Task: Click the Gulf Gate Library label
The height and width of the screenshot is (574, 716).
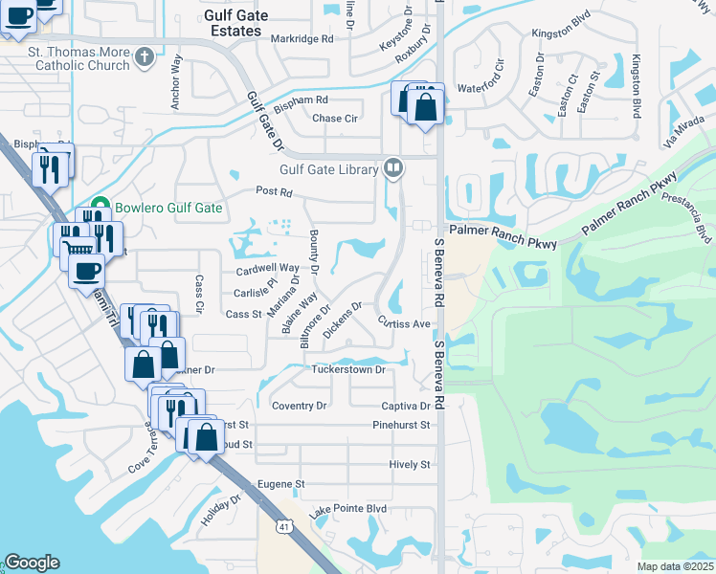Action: click(329, 170)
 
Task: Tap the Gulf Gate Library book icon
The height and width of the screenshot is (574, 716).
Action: click(392, 169)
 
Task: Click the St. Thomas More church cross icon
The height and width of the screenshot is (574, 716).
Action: click(145, 56)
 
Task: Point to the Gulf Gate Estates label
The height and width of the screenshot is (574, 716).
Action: click(233, 23)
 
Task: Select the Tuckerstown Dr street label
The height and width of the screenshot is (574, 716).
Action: click(347, 369)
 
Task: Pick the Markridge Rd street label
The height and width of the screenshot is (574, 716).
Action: click(302, 39)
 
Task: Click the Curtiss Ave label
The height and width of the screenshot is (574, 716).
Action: click(403, 323)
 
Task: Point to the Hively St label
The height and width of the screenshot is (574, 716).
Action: click(410, 464)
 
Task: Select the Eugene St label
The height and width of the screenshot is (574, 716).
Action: click(280, 485)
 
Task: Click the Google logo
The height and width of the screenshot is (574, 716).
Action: click(32, 563)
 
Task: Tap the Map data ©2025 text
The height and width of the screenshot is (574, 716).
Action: click(674, 566)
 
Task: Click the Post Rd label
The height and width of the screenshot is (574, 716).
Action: click(274, 192)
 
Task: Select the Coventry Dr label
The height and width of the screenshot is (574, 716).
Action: click(299, 406)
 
